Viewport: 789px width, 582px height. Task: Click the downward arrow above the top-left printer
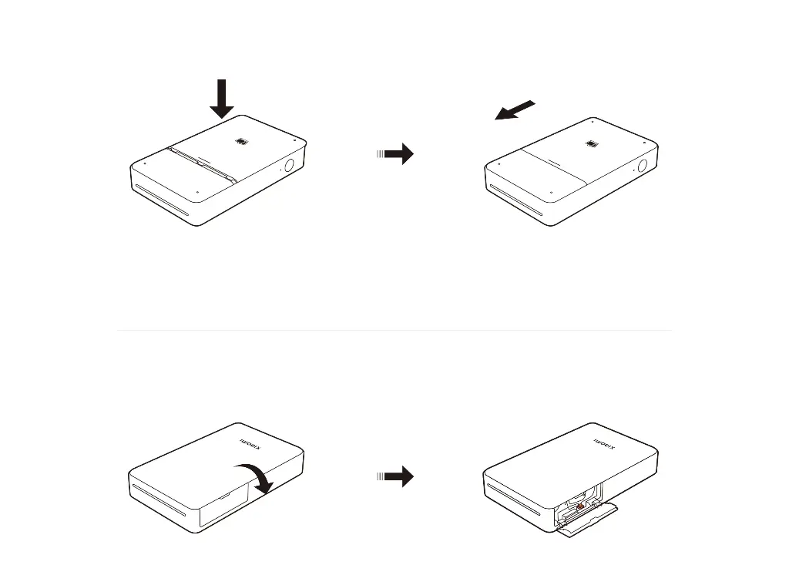(221, 99)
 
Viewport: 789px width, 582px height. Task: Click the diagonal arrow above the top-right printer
(515, 110)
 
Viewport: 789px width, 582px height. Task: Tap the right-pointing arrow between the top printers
(395, 153)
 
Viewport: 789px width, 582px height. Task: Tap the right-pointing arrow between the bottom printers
(395, 476)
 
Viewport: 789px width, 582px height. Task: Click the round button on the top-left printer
(290, 165)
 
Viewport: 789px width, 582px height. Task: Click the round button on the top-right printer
(643, 166)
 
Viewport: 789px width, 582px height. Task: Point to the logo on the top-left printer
(241, 142)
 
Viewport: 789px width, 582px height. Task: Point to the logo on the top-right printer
(593, 144)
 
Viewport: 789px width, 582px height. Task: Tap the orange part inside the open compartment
(580, 507)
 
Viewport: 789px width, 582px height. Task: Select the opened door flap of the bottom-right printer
(589, 520)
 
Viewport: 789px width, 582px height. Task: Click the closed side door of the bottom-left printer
(224, 506)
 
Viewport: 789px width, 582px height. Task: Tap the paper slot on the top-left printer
(161, 200)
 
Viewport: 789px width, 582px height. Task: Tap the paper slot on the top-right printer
(515, 200)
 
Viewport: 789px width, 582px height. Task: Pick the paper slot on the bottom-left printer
(158, 500)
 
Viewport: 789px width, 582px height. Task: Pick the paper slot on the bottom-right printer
(512, 500)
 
